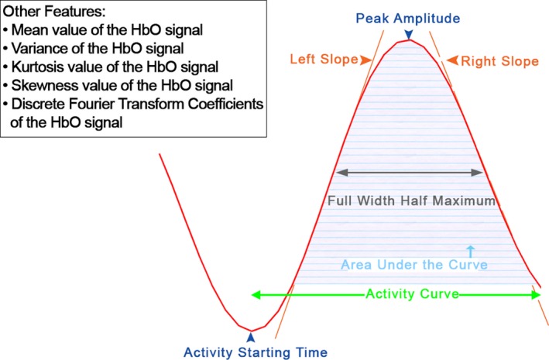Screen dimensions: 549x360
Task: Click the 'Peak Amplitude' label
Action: click(408, 19)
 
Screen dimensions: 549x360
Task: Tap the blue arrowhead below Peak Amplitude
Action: click(409, 35)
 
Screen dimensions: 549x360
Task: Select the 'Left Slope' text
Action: click(324, 59)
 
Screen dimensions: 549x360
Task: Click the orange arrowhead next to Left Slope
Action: click(366, 60)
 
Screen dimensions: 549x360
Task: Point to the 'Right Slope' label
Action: click(499, 61)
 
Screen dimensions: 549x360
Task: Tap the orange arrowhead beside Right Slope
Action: click(452, 60)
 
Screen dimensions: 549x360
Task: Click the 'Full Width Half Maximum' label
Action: click(411, 201)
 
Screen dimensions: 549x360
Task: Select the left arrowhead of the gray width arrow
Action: click(341, 173)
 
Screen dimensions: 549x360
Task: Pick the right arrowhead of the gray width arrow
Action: click(477, 173)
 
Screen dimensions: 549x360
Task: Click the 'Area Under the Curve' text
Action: click(414, 265)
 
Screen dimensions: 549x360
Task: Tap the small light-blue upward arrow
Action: click(471, 252)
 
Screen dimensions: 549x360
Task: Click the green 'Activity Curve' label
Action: click(412, 293)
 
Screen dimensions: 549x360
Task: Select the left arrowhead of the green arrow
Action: click(256, 295)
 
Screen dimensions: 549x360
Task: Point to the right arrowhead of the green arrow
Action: click(536, 295)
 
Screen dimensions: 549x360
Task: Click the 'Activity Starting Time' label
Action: click(256, 352)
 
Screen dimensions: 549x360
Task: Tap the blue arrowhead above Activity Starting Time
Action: click(251, 337)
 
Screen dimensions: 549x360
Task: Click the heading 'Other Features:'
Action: click(54, 12)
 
